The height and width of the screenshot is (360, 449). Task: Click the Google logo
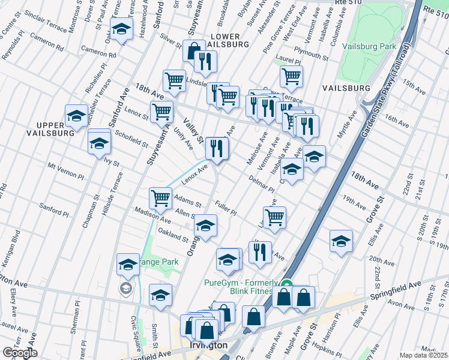(20, 353)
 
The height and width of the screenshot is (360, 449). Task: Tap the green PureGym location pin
(287, 286)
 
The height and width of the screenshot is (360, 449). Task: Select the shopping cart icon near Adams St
(160, 197)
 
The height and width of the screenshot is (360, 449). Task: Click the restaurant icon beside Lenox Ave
(216, 148)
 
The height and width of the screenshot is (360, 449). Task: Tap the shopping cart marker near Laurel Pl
(291, 76)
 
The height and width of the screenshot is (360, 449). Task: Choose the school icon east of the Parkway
(341, 241)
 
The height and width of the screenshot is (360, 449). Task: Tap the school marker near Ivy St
(99, 143)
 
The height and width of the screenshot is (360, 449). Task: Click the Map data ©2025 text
(424, 355)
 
